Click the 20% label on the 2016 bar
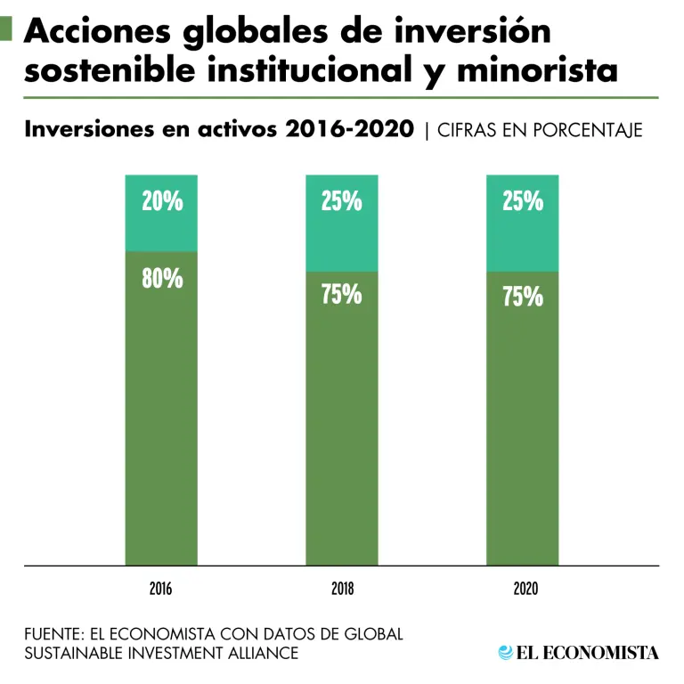coord(162,202)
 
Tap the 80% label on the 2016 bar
coord(162,279)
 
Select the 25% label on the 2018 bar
coord(342,202)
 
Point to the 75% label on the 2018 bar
coord(342,295)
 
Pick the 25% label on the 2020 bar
coord(523,202)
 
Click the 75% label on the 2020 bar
coord(523,297)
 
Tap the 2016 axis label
coord(161,589)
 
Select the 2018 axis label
coord(342,589)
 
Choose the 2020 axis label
coord(523,589)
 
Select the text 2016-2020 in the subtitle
coord(349,130)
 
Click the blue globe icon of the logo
coord(506,653)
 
